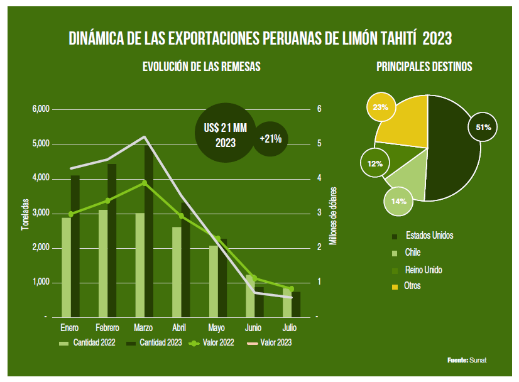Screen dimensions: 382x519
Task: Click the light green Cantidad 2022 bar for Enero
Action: [65, 267]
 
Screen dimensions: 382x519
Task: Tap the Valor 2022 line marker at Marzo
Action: [144, 183]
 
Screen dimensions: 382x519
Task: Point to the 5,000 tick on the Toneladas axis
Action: [40, 144]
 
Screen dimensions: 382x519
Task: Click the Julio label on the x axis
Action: [290, 328]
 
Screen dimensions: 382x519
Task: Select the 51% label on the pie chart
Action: [483, 127]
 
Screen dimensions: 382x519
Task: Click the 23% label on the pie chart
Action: [380, 107]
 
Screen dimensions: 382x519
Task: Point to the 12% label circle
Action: [375, 163]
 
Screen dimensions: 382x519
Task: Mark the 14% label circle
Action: [398, 202]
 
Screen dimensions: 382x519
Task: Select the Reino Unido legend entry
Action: [423, 270]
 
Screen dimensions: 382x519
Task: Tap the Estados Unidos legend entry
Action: [429, 236]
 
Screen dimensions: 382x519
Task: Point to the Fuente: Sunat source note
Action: [467, 360]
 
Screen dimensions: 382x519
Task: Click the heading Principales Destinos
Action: [424, 66]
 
